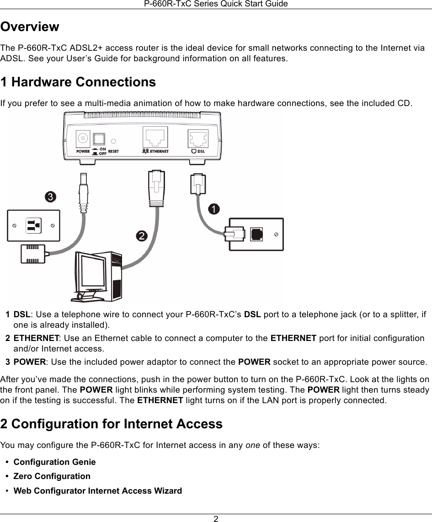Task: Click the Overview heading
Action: coord(30,27)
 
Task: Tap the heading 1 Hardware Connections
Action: coord(78,82)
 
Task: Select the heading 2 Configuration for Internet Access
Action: coord(112,424)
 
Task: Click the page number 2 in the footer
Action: coord(216,518)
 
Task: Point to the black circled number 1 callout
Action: coord(213,209)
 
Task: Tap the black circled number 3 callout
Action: coord(50,197)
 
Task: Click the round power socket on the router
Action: coord(83,138)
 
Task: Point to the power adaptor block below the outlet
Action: coord(33,254)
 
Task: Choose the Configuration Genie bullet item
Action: coord(55,462)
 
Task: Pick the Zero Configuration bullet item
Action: coord(52,476)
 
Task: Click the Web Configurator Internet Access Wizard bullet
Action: coord(97,491)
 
